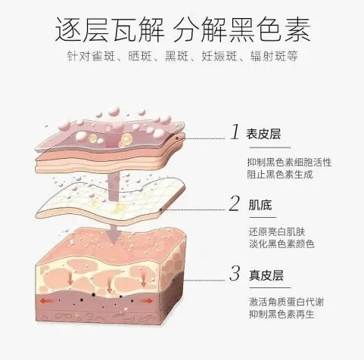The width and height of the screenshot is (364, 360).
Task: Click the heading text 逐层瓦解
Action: pos(110,29)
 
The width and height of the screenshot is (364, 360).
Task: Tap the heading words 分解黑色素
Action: pos(242,29)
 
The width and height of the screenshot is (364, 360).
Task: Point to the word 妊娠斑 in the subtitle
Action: pos(219,56)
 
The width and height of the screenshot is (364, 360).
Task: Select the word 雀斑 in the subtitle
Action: pos(103,56)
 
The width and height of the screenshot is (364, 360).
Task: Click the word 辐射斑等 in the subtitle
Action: pos(274,56)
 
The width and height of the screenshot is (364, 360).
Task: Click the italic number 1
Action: pos(235,132)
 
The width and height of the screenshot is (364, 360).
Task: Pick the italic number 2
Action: pos(235,203)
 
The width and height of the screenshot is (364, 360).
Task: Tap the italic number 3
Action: pos(235,273)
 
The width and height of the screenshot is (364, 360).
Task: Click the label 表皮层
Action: pos(263,134)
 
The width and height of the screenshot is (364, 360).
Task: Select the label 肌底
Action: pos(260,205)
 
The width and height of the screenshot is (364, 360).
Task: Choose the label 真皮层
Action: pos(266,275)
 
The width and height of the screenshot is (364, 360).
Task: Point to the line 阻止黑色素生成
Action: pos(280,175)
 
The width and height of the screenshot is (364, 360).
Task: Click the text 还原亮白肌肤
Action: pos(277,231)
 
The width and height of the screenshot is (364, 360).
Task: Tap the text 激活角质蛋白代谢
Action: pos(286,302)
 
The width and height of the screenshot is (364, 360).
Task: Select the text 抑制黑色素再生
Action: pos(282,314)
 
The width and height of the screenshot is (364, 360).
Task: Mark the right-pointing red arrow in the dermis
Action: pos(147,301)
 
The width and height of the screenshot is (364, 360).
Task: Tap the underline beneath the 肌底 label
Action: pos(263,217)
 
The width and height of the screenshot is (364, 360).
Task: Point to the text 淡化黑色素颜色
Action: pos(282,244)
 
